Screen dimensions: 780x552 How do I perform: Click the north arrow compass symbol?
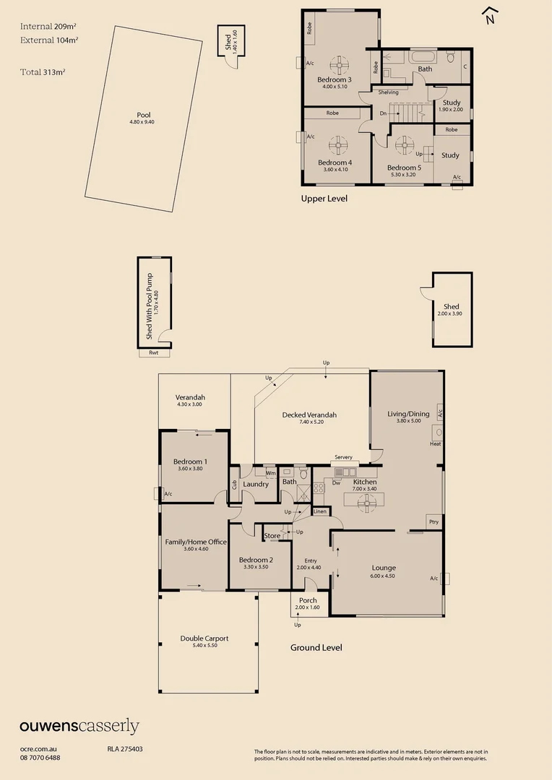[x=491, y=16]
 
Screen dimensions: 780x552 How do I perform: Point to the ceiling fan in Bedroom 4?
[x=338, y=146]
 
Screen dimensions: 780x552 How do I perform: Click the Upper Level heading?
[x=324, y=198]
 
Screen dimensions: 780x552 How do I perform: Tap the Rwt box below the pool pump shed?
[x=154, y=352]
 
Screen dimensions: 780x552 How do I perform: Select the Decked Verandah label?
[x=309, y=415]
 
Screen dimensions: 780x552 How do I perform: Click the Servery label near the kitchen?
[x=343, y=457]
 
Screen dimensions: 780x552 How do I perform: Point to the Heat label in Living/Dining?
[x=435, y=444]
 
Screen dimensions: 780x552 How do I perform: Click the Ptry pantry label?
[x=434, y=521]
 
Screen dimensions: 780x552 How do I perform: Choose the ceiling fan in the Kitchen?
[x=368, y=498]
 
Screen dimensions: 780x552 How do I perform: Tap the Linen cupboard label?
[x=320, y=512]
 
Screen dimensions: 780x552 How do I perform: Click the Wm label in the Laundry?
[x=270, y=473]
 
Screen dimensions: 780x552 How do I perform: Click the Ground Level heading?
[x=316, y=648]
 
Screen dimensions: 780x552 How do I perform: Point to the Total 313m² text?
[x=43, y=72]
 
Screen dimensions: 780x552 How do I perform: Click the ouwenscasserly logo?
[x=79, y=727]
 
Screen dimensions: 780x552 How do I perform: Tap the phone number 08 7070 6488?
[x=40, y=758]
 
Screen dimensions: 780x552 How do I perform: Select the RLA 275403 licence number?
[x=125, y=749]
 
